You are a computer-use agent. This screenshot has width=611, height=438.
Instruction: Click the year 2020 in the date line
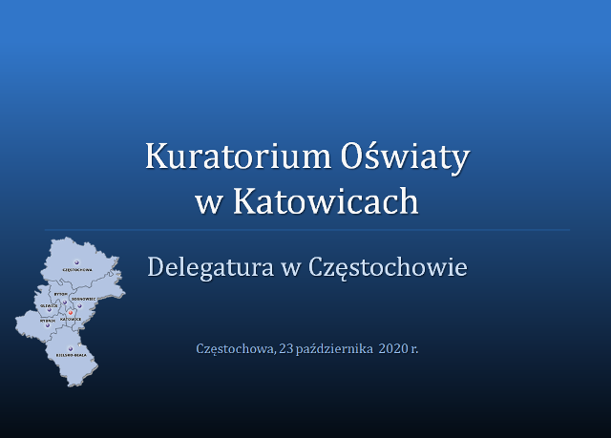pyautogui.click(x=392, y=348)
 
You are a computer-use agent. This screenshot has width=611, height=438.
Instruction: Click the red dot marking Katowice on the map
pyautogui.click(x=71, y=312)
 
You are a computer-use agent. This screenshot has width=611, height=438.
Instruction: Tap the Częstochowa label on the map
pyautogui.click(x=75, y=270)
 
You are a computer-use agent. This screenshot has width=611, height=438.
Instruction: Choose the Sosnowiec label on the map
pyautogui.click(x=84, y=299)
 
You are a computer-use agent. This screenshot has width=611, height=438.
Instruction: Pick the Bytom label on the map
pyautogui.click(x=61, y=294)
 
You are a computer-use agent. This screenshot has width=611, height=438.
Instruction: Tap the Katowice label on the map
pyautogui.click(x=71, y=319)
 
